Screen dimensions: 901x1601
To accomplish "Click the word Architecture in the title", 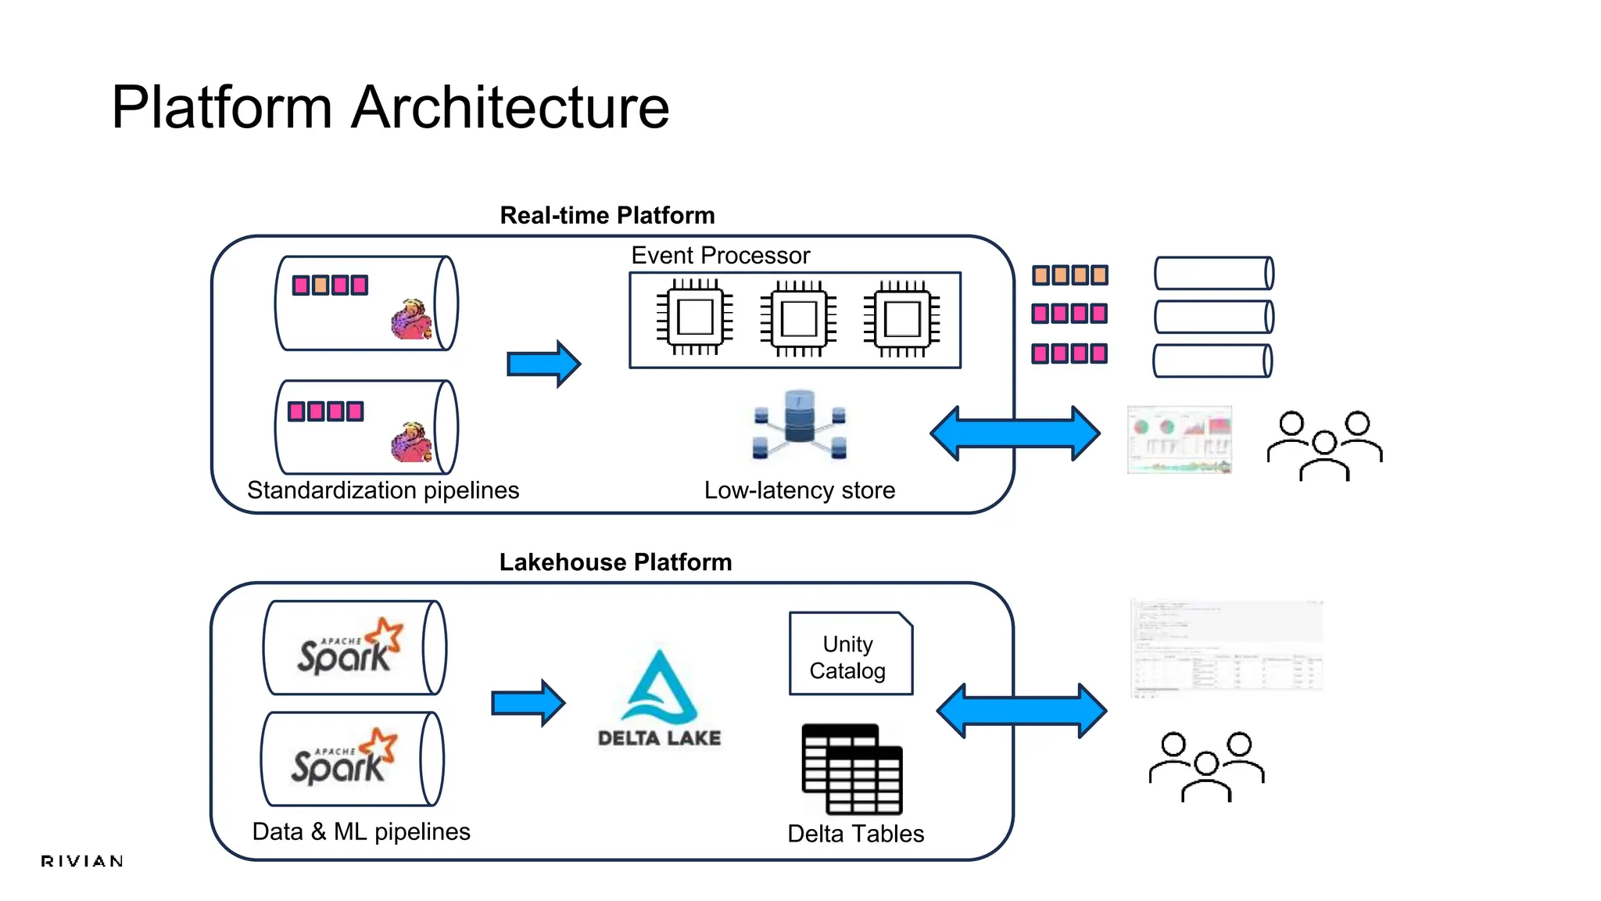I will click(x=510, y=107).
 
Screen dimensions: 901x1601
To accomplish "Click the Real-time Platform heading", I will click(x=607, y=215).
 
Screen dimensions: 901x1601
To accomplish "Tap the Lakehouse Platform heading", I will click(x=615, y=562).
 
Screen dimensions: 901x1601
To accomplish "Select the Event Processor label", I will click(x=720, y=255).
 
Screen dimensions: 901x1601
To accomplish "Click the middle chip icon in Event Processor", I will click(x=798, y=318).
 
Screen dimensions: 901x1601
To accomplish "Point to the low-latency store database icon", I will click(x=799, y=425).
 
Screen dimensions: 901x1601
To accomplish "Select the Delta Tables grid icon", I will click(x=852, y=769).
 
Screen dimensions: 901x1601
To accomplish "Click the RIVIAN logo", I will click(x=82, y=861).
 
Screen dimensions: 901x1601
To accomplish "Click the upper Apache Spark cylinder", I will click(x=355, y=648).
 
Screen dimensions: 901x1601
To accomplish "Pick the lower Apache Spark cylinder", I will click(x=352, y=759).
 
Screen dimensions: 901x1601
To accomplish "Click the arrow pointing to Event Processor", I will click(x=543, y=364).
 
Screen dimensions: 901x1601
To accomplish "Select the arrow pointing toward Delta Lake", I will click(x=528, y=703).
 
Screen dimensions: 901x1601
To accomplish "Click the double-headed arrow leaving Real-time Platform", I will click(x=1015, y=433).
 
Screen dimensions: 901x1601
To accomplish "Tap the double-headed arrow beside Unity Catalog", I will click(x=1021, y=710).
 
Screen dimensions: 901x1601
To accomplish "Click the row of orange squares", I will click(x=1069, y=275).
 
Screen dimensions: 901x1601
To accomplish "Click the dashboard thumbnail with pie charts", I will click(x=1179, y=440).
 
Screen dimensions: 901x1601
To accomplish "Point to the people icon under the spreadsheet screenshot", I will click(x=1206, y=766).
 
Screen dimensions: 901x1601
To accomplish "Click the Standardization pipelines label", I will click(x=383, y=490).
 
